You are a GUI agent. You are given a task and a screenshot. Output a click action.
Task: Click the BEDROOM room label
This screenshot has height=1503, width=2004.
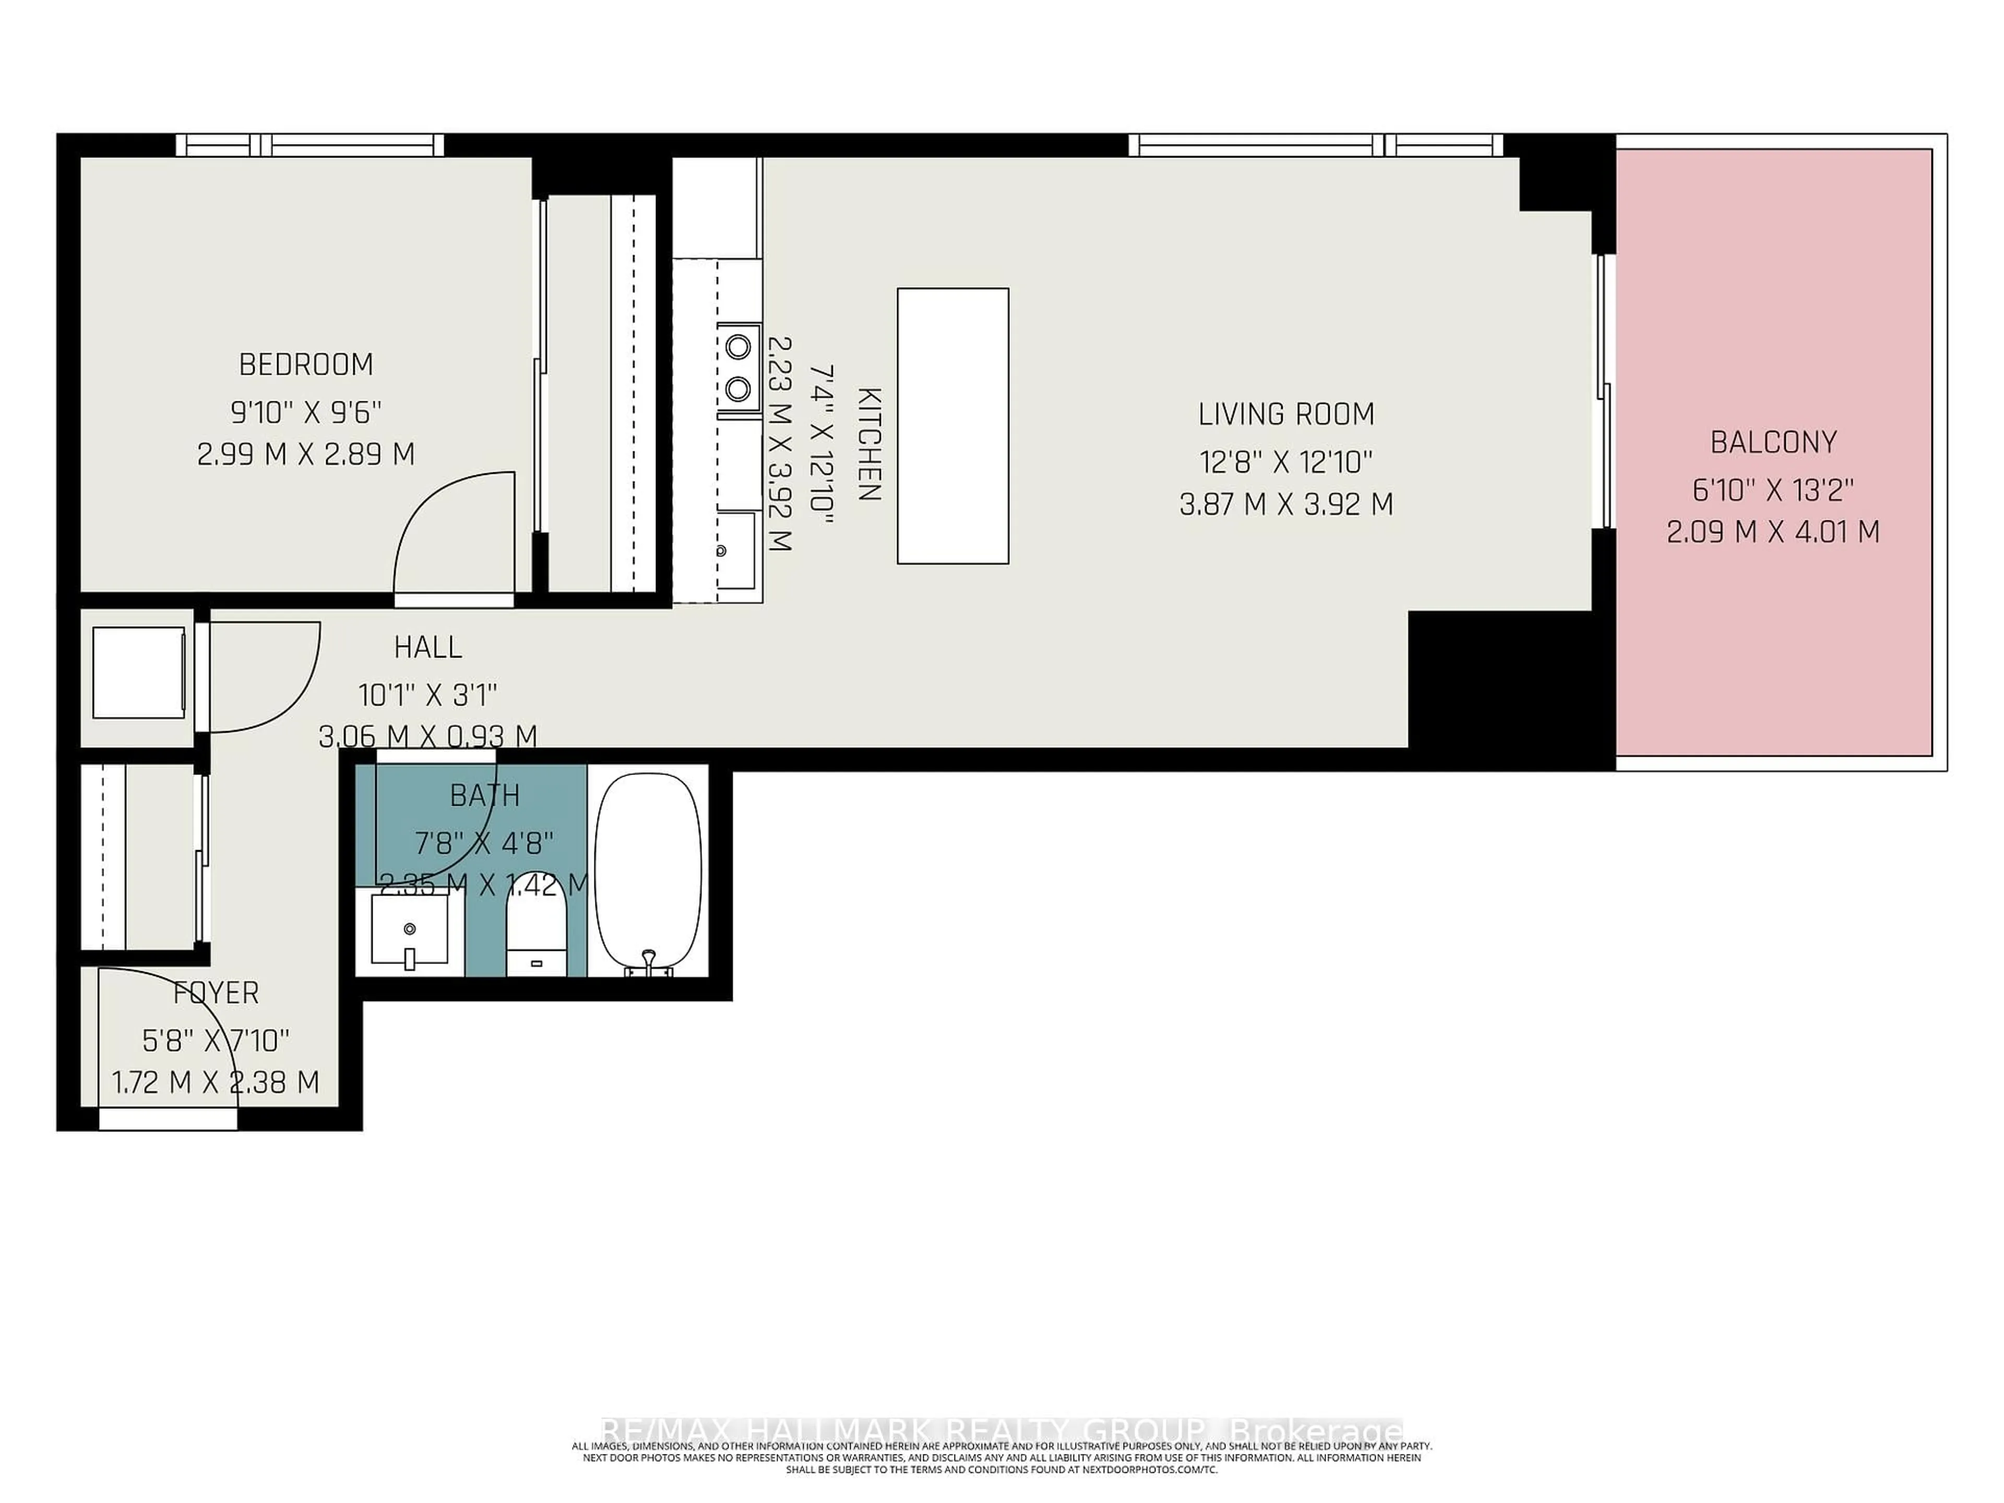[306, 364]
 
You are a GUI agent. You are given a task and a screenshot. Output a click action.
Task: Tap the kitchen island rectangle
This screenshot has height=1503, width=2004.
[952, 426]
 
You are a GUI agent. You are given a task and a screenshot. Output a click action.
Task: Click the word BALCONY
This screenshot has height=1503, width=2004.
[1773, 442]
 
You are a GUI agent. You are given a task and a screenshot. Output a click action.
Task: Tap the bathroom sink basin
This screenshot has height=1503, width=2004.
[410, 928]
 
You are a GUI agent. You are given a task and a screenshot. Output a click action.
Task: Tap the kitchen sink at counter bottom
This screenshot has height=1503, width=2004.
[736, 550]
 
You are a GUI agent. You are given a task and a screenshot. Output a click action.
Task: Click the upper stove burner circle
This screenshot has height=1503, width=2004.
[738, 346]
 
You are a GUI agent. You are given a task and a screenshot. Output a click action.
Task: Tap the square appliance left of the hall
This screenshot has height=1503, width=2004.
[139, 672]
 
